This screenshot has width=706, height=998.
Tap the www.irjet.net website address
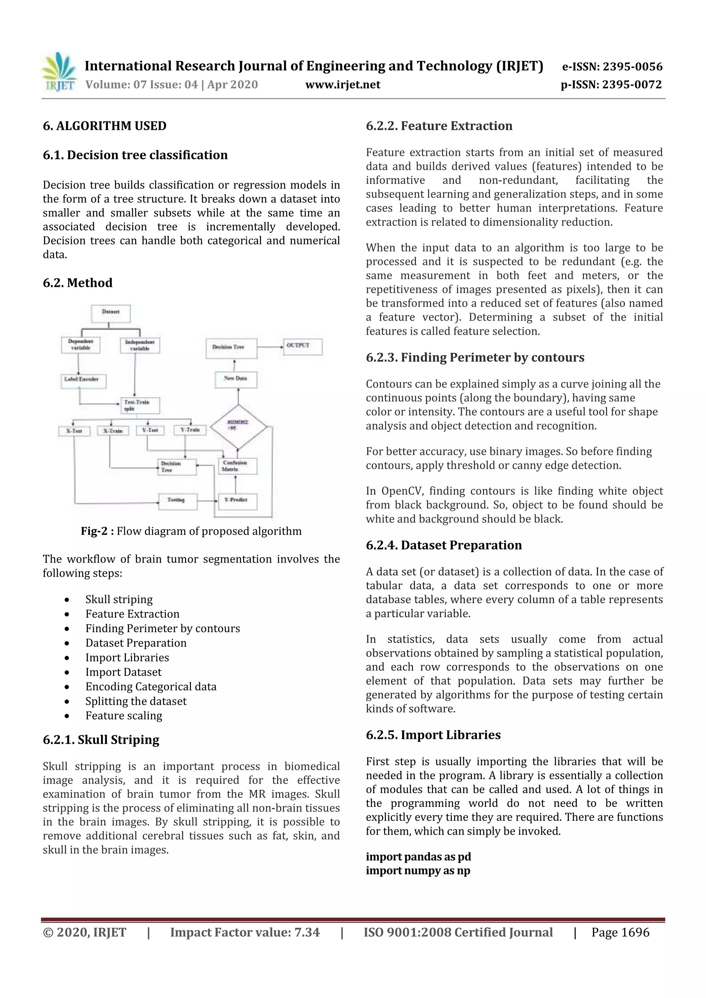[342, 85]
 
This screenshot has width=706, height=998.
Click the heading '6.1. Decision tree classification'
[135, 155]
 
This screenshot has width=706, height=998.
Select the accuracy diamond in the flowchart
[238, 426]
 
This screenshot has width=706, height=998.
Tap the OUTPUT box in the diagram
[302, 347]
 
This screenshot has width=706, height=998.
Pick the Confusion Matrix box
[238, 466]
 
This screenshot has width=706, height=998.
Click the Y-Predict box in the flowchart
[237, 501]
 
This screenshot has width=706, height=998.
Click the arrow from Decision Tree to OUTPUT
[270, 347]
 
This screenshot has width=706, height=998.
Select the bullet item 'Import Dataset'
[123, 672]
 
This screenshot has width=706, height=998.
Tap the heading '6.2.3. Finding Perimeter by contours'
[475, 357]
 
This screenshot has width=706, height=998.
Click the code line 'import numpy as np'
[417, 871]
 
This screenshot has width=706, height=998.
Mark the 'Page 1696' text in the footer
[620, 932]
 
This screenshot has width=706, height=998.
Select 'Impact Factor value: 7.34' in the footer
[244, 932]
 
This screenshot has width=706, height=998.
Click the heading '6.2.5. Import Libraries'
[433, 735]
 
